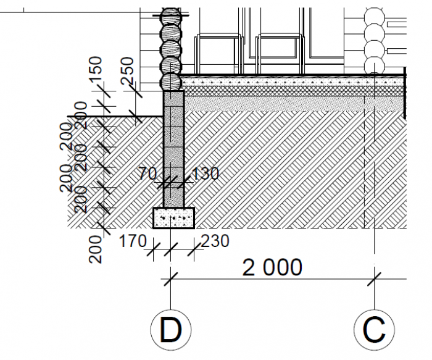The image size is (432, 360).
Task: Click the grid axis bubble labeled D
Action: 171,330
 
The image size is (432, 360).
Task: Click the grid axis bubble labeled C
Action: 374,330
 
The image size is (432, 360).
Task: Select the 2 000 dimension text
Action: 272,267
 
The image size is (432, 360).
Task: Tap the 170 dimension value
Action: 132,241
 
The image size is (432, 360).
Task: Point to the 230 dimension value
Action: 215,241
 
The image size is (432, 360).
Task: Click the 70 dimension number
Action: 147,174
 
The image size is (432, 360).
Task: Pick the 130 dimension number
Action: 205,174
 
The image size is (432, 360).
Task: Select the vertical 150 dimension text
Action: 96,69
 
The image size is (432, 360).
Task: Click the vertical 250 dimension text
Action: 127,71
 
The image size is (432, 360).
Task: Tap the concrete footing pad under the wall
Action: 174,218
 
